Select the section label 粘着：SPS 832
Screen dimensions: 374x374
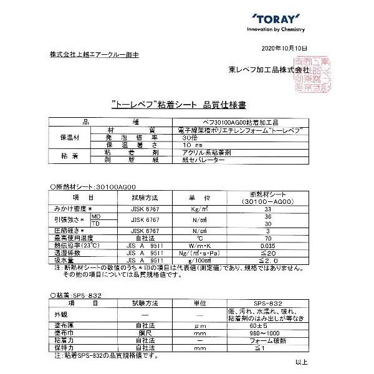[69, 293]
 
